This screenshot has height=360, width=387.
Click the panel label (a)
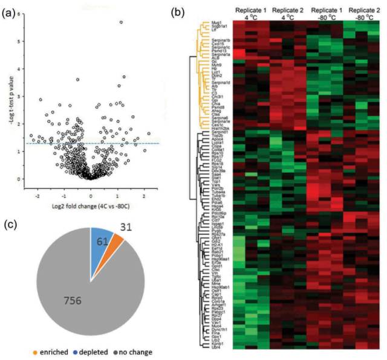pyautogui.click(x=11, y=9)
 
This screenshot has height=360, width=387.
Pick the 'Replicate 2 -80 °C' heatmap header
pyautogui.click(x=360, y=14)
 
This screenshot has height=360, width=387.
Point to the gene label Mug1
pyautogui.click(x=216, y=22)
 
